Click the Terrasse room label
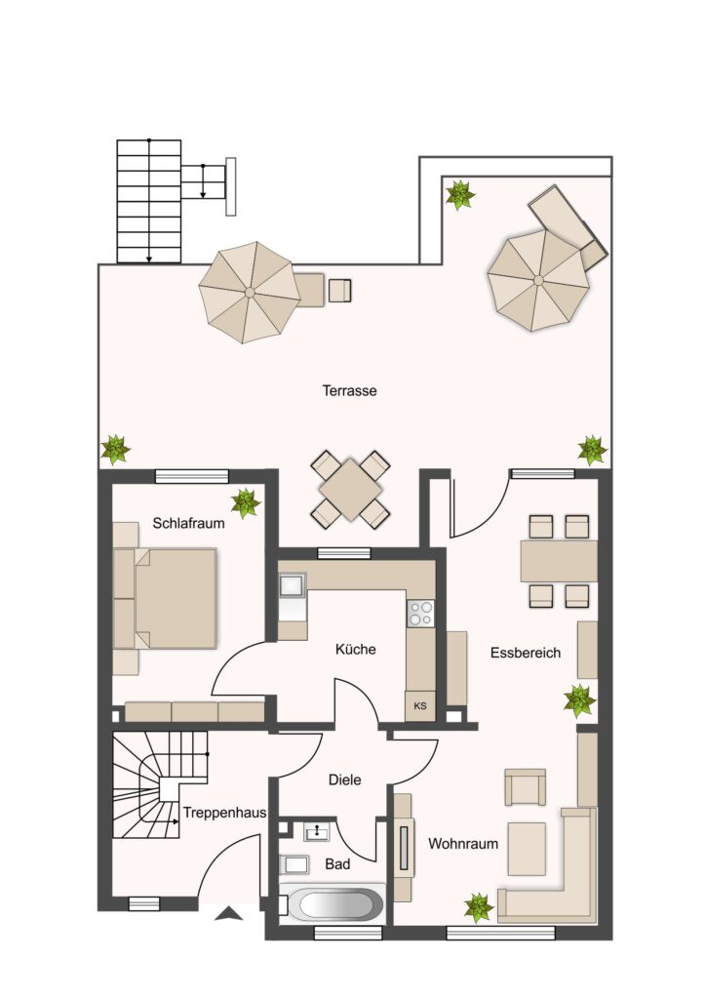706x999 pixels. [349, 390]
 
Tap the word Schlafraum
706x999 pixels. [188, 523]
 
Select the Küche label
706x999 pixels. [355, 649]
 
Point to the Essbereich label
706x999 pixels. [526, 653]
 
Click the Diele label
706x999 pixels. [344, 779]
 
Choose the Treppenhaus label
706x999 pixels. [224, 813]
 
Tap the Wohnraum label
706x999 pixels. [463, 844]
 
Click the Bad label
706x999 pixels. [337, 864]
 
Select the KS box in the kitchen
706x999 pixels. [420, 706]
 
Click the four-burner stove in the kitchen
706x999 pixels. [421, 614]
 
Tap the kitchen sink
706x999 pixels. [293, 584]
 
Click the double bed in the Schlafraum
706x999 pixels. [165, 598]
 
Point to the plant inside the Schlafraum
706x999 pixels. [245, 502]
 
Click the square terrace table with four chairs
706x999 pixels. [351, 490]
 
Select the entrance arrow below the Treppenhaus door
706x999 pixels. [228, 914]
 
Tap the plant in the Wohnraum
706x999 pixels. [478, 907]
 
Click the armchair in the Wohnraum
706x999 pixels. [526, 787]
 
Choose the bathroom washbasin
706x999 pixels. [316, 831]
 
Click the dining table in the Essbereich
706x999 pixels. [559, 561]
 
